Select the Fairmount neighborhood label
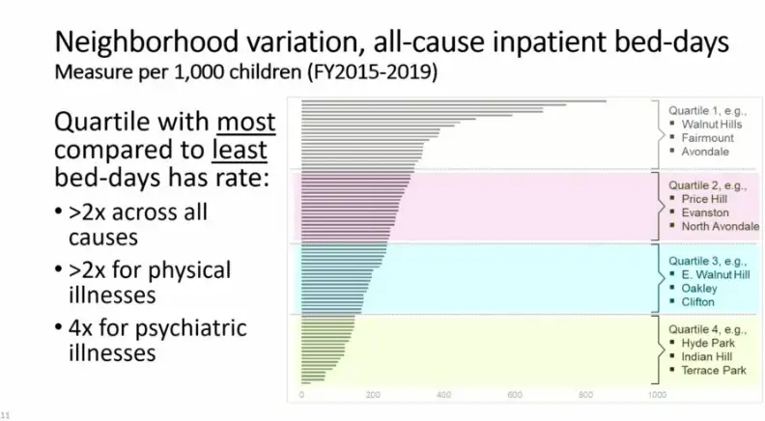pyautogui.click(x=707, y=138)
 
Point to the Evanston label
pyautogui.click(x=705, y=212)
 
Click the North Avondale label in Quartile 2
pyautogui.click(x=720, y=226)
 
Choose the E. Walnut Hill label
pyautogui.click(x=715, y=274)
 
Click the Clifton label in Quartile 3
pyautogui.click(x=698, y=301)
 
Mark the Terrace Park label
pyautogui.click(x=714, y=370)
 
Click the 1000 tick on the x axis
pyautogui.click(x=657, y=395)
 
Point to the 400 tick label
pyautogui.click(x=444, y=395)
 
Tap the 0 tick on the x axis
pyautogui.click(x=302, y=395)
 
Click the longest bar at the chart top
pyautogui.click(x=454, y=100)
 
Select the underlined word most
pyautogui.click(x=245, y=125)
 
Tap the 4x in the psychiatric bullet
pyautogui.click(x=81, y=328)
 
